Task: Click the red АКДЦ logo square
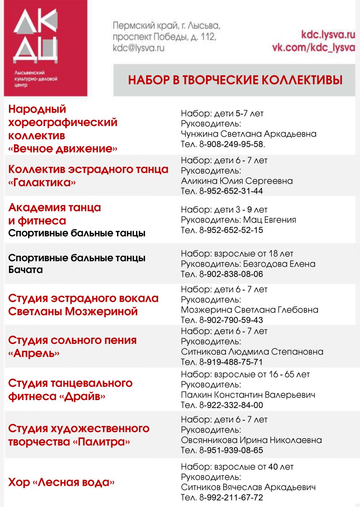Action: pos(45,48)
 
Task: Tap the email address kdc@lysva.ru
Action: pos(138,48)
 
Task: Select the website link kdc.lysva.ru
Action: pos(328,35)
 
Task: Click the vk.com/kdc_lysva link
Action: pos(313,48)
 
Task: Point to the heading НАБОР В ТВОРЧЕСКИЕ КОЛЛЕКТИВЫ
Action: pos(235,80)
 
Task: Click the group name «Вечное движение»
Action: pos(63,148)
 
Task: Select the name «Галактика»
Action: pos(42,182)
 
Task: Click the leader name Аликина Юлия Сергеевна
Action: pos(237,181)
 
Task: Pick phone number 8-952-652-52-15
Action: pos(231,230)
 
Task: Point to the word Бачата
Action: pos(26,270)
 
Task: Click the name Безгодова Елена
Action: pos(279,264)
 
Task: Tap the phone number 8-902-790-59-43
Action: pos(231,320)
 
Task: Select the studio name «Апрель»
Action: pos(34,353)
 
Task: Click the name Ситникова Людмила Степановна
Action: pos(252,352)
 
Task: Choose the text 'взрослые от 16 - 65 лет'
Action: pos(262,374)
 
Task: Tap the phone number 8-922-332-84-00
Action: pos(231,405)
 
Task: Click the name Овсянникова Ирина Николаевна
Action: pos(251,440)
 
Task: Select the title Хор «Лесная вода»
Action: pos(61,482)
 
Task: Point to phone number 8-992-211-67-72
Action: pos(231,498)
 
